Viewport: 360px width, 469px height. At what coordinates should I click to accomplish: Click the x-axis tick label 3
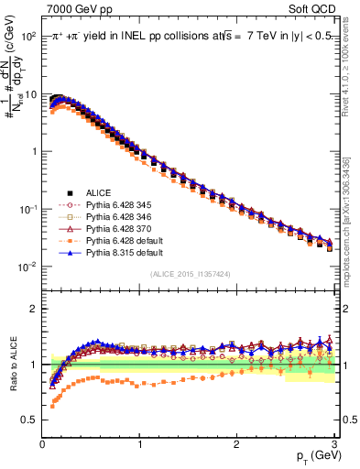point(333,442)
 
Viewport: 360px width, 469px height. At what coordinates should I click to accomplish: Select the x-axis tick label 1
point(139,442)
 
